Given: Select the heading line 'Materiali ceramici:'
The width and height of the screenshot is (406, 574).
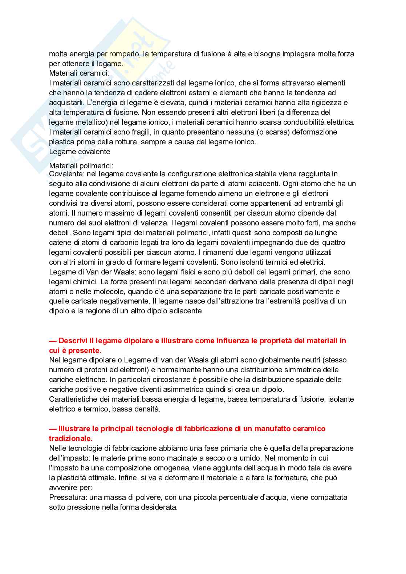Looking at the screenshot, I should pyautogui.click(x=79, y=73).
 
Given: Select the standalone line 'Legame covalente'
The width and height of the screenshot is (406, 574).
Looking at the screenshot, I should pyautogui.click(x=80, y=152).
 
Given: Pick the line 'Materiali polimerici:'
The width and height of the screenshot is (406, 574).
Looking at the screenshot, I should pyautogui.click(x=81, y=166).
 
